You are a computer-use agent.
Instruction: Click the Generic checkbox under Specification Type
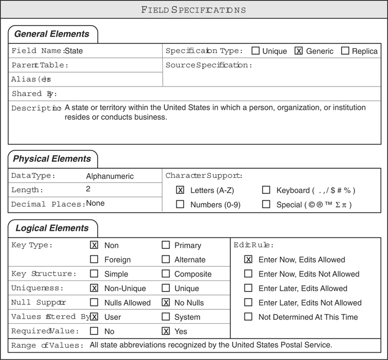299,51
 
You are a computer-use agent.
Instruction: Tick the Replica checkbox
345,51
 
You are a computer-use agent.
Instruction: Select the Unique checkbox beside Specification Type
256,51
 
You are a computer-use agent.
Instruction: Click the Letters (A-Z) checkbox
180,190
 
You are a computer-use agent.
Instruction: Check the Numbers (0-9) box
180,204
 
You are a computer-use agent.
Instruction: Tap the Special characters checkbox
266,204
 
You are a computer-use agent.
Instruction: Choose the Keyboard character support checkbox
266,190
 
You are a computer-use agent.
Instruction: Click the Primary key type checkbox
166,245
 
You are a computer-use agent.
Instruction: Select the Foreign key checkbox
94,260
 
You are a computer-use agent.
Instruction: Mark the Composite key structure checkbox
166,274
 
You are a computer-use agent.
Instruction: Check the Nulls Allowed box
94,302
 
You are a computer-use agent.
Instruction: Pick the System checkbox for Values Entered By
166,317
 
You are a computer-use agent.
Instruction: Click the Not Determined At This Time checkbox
248,317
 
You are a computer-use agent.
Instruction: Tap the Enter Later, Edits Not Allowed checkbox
248,302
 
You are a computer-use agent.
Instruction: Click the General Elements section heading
52,34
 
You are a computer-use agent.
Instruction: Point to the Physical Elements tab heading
52,159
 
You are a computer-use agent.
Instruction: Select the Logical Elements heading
52,228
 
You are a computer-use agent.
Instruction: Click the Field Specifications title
194,10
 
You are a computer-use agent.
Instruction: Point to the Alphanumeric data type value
110,176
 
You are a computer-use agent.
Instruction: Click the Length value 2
88,189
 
